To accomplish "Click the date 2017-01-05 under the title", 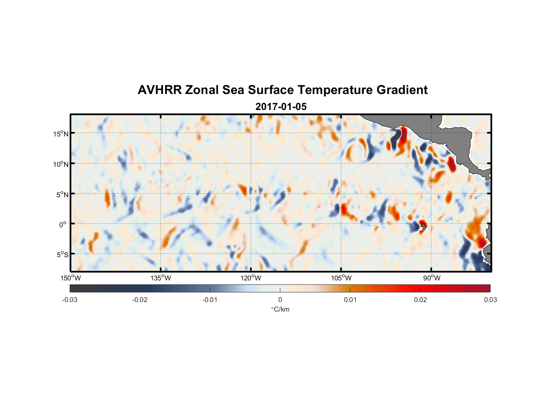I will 281,107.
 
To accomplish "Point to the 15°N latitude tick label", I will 61,134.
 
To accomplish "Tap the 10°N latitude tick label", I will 61,164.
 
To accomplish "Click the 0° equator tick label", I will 63,224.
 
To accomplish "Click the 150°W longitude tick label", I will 71,278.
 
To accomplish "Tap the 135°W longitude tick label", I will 161,278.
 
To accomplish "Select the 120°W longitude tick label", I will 251,278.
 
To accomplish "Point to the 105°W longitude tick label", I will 341,278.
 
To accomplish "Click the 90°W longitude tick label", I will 432,278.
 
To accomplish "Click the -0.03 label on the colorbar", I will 70,300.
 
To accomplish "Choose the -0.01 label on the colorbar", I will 210,300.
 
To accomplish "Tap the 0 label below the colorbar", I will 280,300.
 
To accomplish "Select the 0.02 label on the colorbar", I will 420,300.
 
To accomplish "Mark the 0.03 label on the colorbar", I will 490,300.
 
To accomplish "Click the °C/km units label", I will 280,309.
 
